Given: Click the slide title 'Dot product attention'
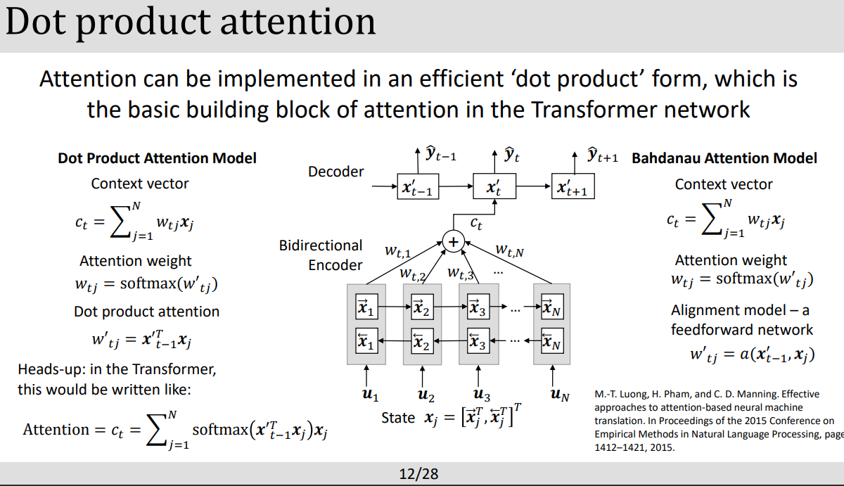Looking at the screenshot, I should [x=191, y=23].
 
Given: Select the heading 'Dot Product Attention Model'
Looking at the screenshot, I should [x=157, y=158].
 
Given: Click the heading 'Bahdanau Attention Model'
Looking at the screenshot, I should [x=724, y=158].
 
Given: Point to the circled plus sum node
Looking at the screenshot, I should [x=454, y=241].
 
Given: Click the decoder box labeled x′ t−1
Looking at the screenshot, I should [x=417, y=188].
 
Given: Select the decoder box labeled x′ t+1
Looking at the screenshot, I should [x=572, y=188].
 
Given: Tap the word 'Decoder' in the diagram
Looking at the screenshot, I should [x=336, y=172].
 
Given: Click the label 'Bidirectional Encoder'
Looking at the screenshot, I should [x=321, y=255].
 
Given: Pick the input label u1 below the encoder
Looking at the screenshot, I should [x=370, y=395].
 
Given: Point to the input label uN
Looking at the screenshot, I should [x=560, y=395].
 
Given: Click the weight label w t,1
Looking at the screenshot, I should [x=397, y=250].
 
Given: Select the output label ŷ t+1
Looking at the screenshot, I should [x=602, y=155].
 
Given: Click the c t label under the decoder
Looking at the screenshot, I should [x=476, y=224].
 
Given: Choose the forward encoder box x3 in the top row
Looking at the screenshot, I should [x=478, y=307].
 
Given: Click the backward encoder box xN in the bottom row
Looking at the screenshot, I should [x=552, y=343].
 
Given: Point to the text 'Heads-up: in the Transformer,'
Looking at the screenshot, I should [x=117, y=369].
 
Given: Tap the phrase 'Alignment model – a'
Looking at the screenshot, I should [x=740, y=310].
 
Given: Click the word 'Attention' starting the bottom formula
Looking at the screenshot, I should [x=56, y=429].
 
